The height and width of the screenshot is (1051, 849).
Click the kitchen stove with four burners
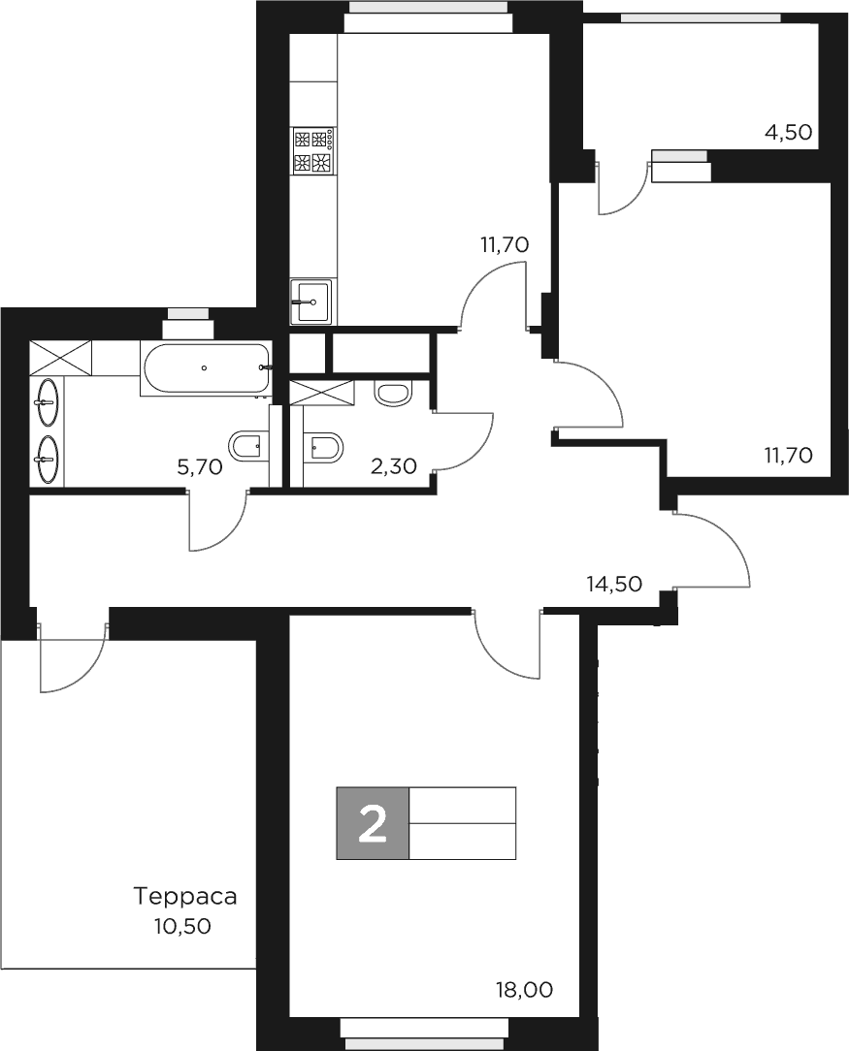tap(313, 150)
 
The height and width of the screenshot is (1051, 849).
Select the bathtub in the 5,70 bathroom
tap(205, 367)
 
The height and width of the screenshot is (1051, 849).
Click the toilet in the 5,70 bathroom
tap(246, 446)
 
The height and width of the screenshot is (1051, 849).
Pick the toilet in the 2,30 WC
tap(323, 446)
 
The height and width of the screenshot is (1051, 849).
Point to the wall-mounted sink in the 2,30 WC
tap(393, 393)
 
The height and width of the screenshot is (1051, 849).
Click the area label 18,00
tap(524, 990)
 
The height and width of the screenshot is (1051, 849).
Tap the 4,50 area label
tap(788, 133)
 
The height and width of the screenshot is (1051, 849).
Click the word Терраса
tap(184, 895)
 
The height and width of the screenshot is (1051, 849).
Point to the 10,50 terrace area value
tap(181, 926)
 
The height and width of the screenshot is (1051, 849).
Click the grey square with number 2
tap(373, 823)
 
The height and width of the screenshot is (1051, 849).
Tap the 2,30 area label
tap(394, 466)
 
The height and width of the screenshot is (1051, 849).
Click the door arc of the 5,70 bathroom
tap(218, 525)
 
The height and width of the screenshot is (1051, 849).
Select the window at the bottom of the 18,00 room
tap(428, 1036)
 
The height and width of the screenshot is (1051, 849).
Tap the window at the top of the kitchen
tap(429, 9)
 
